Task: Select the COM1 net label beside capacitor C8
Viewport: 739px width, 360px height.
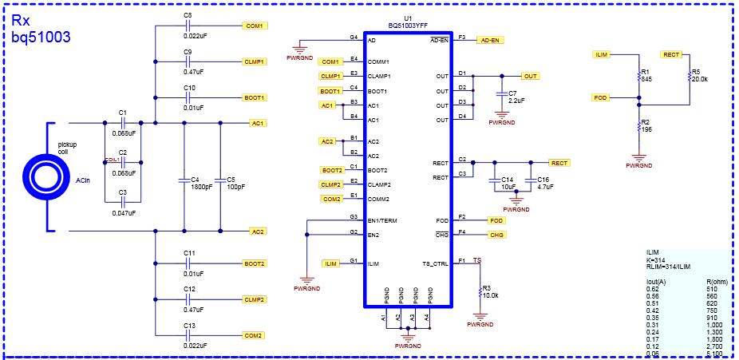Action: [x=255, y=26]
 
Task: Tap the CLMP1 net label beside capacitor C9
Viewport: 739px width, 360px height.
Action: [x=255, y=61]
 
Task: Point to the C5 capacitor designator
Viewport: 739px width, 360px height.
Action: [x=231, y=180]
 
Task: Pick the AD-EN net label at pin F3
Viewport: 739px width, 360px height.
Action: [x=490, y=40]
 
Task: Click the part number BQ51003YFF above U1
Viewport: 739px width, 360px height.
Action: [x=408, y=26]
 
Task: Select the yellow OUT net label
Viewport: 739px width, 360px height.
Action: [x=529, y=76]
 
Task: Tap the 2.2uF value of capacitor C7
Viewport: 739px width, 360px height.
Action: [x=516, y=101]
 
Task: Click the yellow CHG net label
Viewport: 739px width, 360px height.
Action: [x=496, y=235]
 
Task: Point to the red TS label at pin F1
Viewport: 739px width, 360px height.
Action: [x=477, y=260]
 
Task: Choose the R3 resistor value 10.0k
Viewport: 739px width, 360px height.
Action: [x=491, y=295]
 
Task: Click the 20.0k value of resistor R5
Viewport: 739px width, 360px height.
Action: [x=700, y=79]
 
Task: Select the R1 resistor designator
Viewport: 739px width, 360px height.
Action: [x=645, y=72]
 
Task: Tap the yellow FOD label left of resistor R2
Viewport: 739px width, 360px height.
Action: [x=601, y=97]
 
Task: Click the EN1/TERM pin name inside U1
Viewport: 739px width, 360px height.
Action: [x=382, y=220]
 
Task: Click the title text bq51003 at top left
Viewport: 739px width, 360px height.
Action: [x=41, y=36]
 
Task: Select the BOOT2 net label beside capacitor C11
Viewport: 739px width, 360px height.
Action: [x=255, y=263]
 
